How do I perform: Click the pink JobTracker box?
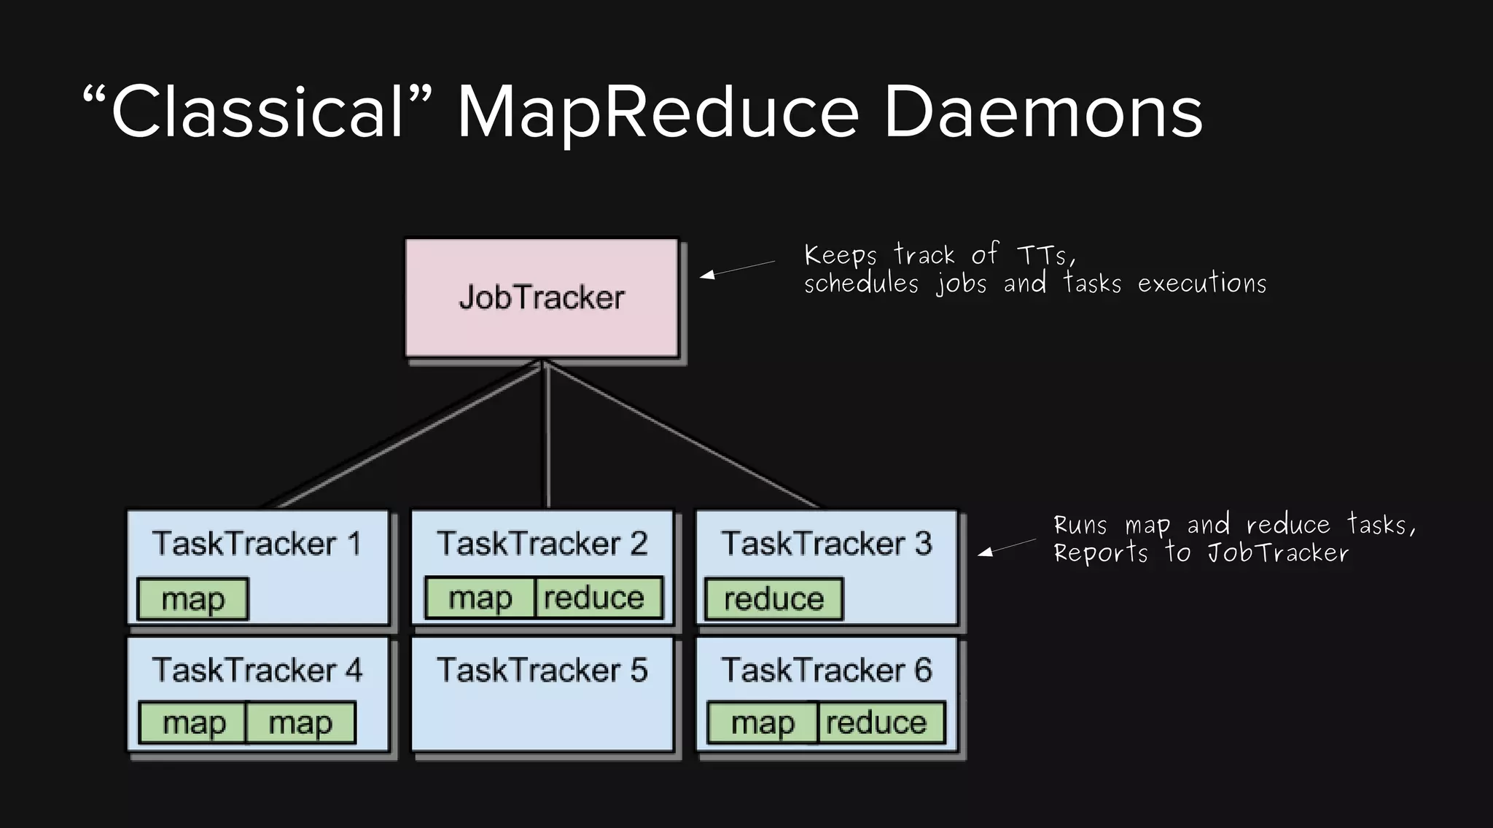point(542,297)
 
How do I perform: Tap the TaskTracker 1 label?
point(257,544)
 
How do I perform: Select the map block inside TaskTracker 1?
point(193,599)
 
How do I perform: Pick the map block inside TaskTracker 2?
point(480,598)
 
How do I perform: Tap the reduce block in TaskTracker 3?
point(773,599)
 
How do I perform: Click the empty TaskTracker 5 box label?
point(542,670)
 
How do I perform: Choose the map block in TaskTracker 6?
point(763,722)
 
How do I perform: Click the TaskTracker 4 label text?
point(257,670)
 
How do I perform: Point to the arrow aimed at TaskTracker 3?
point(1006,547)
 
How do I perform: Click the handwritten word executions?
point(1202,283)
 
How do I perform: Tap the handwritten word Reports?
point(1100,552)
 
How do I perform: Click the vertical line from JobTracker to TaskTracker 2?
point(547,437)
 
